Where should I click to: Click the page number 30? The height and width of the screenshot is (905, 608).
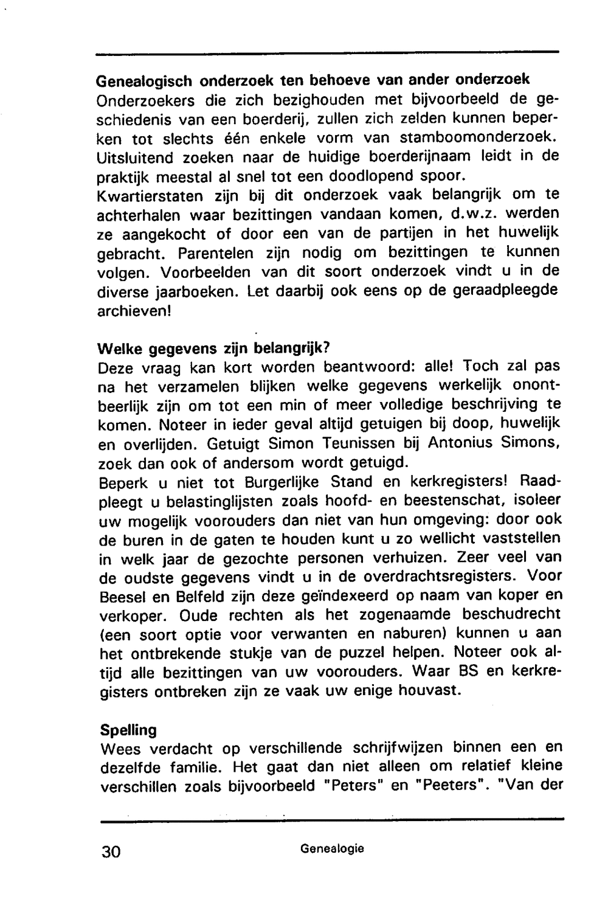tap(112, 851)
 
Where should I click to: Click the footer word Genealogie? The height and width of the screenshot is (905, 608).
tap(332, 848)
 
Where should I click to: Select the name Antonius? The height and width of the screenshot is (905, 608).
tap(462, 443)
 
